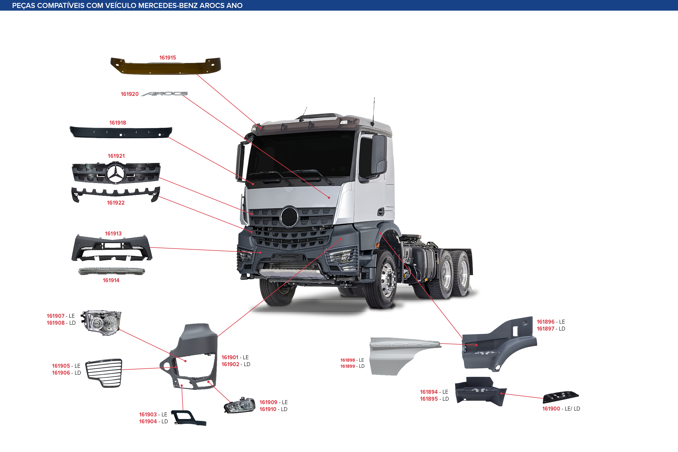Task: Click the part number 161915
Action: point(167,58)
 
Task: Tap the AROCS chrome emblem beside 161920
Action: point(164,94)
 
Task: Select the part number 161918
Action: point(118,123)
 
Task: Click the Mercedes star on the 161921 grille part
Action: point(116,173)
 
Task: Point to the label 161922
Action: point(116,203)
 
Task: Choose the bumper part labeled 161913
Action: point(112,248)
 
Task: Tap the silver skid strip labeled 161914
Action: point(112,271)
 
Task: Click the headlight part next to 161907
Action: point(102,323)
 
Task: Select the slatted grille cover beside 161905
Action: point(104,373)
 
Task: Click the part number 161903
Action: point(148,415)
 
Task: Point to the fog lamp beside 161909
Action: point(239,405)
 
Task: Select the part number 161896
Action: point(545,322)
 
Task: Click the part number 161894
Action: point(429,392)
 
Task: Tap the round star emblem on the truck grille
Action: point(289,217)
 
